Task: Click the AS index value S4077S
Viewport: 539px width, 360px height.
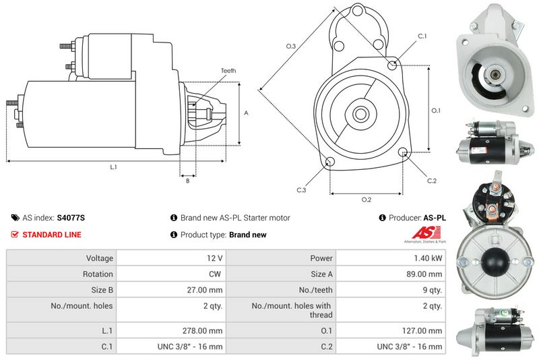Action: point(71,218)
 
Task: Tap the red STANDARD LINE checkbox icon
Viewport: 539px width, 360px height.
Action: point(15,235)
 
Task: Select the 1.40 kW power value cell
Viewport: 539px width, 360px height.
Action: point(391,258)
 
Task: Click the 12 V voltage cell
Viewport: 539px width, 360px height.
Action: point(171,258)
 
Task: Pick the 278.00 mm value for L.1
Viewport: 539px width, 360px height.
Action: point(171,330)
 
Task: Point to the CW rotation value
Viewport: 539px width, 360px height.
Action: point(171,274)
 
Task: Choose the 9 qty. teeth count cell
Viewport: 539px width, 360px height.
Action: point(391,290)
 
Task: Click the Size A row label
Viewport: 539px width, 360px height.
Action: point(322,274)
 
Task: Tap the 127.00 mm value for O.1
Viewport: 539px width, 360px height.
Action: point(391,330)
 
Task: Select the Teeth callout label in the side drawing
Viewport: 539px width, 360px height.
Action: point(228,71)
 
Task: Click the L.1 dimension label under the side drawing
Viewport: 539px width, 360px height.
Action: point(113,167)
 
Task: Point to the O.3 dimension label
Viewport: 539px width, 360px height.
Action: point(291,46)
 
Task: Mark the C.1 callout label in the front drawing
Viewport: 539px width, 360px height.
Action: point(422,36)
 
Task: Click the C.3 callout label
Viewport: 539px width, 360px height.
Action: point(301,190)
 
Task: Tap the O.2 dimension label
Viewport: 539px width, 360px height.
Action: point(367,200)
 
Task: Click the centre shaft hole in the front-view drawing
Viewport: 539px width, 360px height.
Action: point(360,114)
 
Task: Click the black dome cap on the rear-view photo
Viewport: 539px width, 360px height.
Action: point(495,260)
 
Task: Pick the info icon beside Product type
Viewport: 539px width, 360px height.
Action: point(174,235)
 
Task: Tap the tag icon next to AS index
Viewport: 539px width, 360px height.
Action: point(15,218)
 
